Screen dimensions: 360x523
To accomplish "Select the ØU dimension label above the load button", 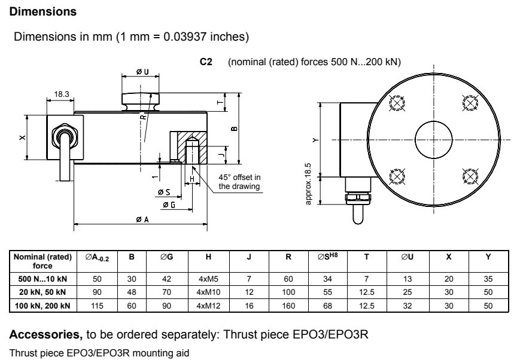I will point(142,72).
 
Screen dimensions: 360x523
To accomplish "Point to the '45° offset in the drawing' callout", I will point(239,182).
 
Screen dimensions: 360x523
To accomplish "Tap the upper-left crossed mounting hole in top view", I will point(396,104).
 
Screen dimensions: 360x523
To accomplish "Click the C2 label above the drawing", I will point(206,62).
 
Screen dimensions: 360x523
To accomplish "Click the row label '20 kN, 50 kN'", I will point(42,292).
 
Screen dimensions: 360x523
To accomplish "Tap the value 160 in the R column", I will point(288,306).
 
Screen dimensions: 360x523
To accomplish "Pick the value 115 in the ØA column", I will point(96,306).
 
